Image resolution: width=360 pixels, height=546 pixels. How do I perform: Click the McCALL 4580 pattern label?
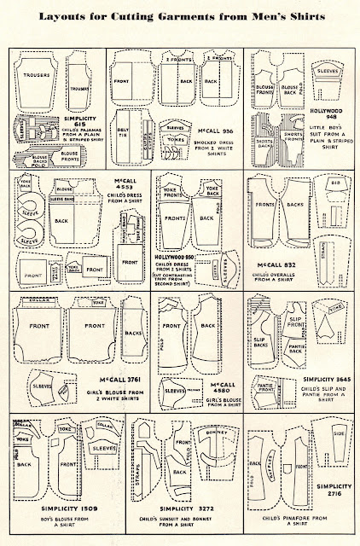(x=224, y=388)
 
